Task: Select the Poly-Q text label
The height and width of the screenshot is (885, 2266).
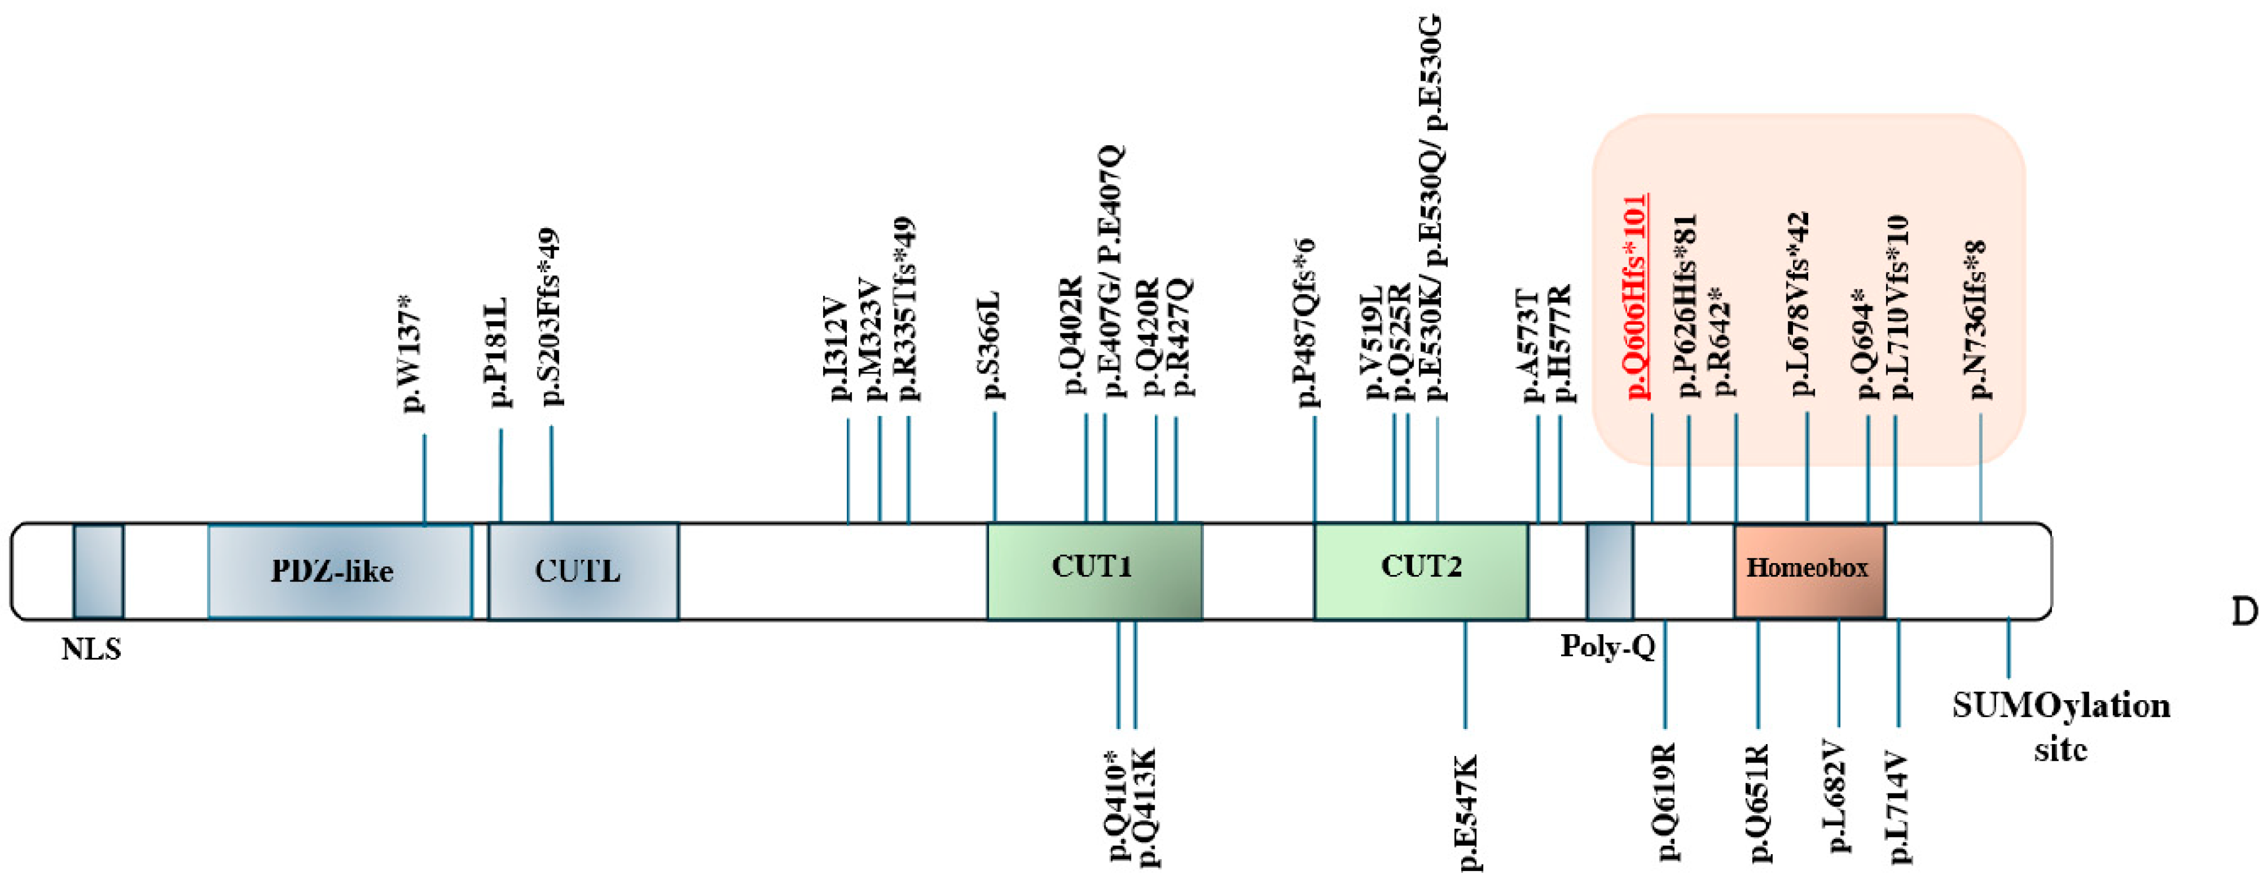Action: point(1607,647)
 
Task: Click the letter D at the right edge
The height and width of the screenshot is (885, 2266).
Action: point(2244,612)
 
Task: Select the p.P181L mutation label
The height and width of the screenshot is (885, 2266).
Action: point(498,351)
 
